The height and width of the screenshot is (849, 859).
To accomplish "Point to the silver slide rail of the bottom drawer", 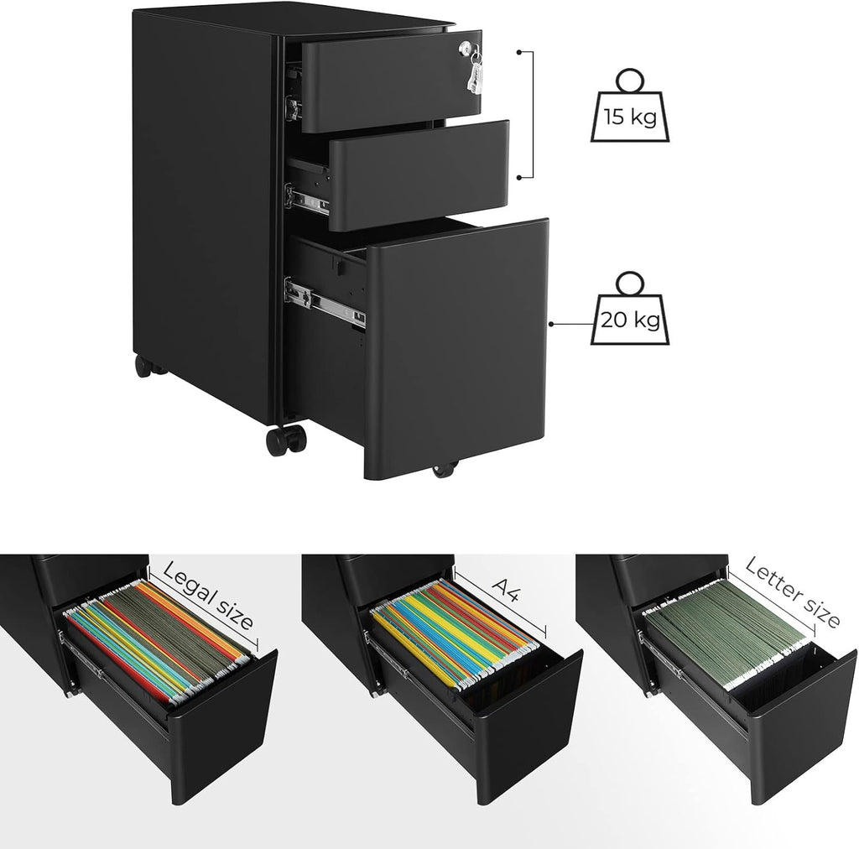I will point(325,301).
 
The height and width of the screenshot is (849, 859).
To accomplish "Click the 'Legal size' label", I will point(207,595).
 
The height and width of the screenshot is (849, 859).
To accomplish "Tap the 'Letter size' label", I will point(791,591).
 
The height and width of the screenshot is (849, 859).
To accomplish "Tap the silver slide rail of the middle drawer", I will point(308,199).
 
